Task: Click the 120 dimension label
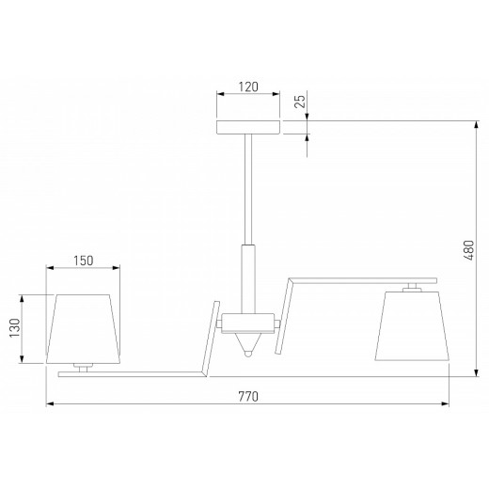pos(248,87)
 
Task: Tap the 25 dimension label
pos(300,101)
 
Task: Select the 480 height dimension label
pos(468,250)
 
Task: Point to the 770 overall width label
pos(248,397)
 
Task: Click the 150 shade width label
pos(84,260)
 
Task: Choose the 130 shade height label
pos(15,328)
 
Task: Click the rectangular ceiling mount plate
pos(248,127)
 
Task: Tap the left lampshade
pos(83,329)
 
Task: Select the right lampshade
pos(412,325)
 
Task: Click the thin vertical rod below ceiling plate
pos(248,189)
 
